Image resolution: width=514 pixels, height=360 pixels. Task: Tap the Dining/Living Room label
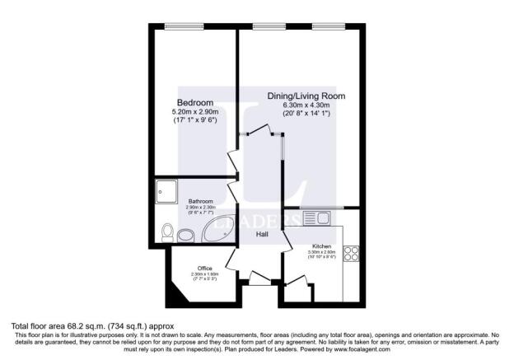[x=306, y=96]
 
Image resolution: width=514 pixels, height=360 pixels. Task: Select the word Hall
[x=262, y=235]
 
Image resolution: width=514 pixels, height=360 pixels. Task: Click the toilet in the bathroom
[x=166, y=231]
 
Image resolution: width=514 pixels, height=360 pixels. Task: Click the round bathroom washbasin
[x=187, y=234]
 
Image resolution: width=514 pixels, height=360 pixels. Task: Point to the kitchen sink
[x=316, y=217]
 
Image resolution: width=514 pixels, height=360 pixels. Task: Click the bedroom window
[x=178, y=28]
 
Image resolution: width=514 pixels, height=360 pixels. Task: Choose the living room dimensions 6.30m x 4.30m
[x=306, y=106]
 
